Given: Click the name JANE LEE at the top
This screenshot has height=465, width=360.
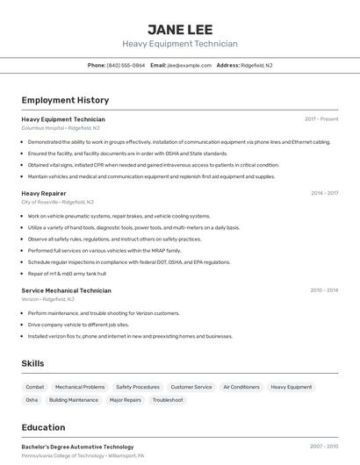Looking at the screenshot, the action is tap(180, 29).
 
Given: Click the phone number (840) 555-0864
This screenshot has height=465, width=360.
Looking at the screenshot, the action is tap(126, 65).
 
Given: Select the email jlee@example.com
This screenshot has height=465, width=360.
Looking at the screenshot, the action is tap(188, 65).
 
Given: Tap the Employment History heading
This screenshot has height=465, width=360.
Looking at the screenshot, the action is tap(65, 100).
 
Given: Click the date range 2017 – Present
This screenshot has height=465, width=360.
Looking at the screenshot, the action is tap(321, 118).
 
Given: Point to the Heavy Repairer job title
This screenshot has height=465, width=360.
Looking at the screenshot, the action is tap(44, 192).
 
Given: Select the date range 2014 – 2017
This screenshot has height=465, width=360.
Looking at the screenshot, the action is tap(324, 192).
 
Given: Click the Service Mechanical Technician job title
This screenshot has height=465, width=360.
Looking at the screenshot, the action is tap(66, 290).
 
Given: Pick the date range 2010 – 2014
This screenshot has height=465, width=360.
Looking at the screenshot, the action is tap(324, 290).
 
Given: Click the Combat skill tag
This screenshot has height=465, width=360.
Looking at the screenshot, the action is tap(35, 387).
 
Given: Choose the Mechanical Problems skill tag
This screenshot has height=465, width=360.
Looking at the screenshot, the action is tap(80, 387).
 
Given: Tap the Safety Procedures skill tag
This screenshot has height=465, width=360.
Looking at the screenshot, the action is tap(138, 387).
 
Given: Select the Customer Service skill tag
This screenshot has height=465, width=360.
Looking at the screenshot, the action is tap(191, 387).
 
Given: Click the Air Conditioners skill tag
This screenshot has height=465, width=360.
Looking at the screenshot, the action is tap(241, 387).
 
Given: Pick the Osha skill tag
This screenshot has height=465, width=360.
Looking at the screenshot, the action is tap(32, 400).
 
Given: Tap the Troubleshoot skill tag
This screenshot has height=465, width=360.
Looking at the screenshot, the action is tap(168, 400).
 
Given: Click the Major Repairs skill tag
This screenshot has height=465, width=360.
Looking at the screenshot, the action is tap(126, 400).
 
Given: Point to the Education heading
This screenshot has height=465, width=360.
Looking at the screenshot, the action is tap(43, 427).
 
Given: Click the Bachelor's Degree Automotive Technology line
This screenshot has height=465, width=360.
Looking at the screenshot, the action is tap(77, 447).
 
